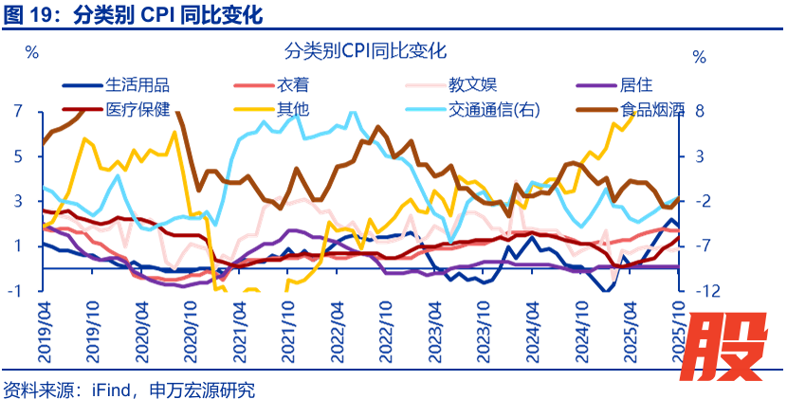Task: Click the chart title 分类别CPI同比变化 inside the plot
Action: point(365,51)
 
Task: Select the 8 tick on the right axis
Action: point(699,111)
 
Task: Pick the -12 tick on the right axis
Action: point(699,291)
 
